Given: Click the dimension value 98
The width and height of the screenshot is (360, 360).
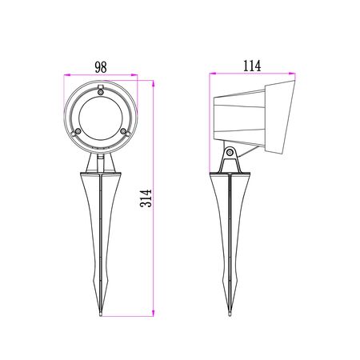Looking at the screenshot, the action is pyautogui.click(x=101, y=67).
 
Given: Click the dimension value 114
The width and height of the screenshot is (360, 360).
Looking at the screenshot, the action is pyautogui.click(x=252, y=66).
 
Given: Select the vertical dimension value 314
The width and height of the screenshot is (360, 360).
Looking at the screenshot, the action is pyautogui.click(x=146, y=198).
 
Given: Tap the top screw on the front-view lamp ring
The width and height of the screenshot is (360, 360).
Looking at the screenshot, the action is pyautogui.click(x=101, y=92).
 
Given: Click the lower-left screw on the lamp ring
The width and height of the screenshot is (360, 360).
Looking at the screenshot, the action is pyautogui.click(x=78, y=131).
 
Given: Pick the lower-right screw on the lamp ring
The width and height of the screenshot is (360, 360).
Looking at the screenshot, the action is pyautogui.click(x=123, y=131).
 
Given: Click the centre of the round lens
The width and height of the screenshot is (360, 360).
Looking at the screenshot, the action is pyautogui.click(x=101, y=118).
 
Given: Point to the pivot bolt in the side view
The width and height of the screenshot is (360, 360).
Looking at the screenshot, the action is pyautogui.click(x=230, y=153).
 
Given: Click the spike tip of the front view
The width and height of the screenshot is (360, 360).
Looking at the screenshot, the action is pyautogui.click(x=101, y=315).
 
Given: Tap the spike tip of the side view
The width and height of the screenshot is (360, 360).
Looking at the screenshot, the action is pyautogui.click(x=230, y=315).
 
